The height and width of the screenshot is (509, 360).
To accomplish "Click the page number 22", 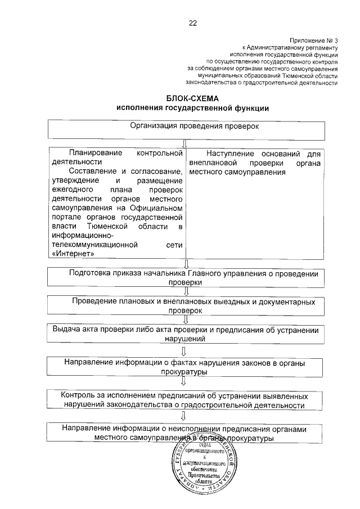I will point(192,23).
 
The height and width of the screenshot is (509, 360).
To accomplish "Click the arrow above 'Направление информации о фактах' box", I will point(183,351).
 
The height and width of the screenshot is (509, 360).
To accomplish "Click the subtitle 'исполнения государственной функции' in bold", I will point(192,108).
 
